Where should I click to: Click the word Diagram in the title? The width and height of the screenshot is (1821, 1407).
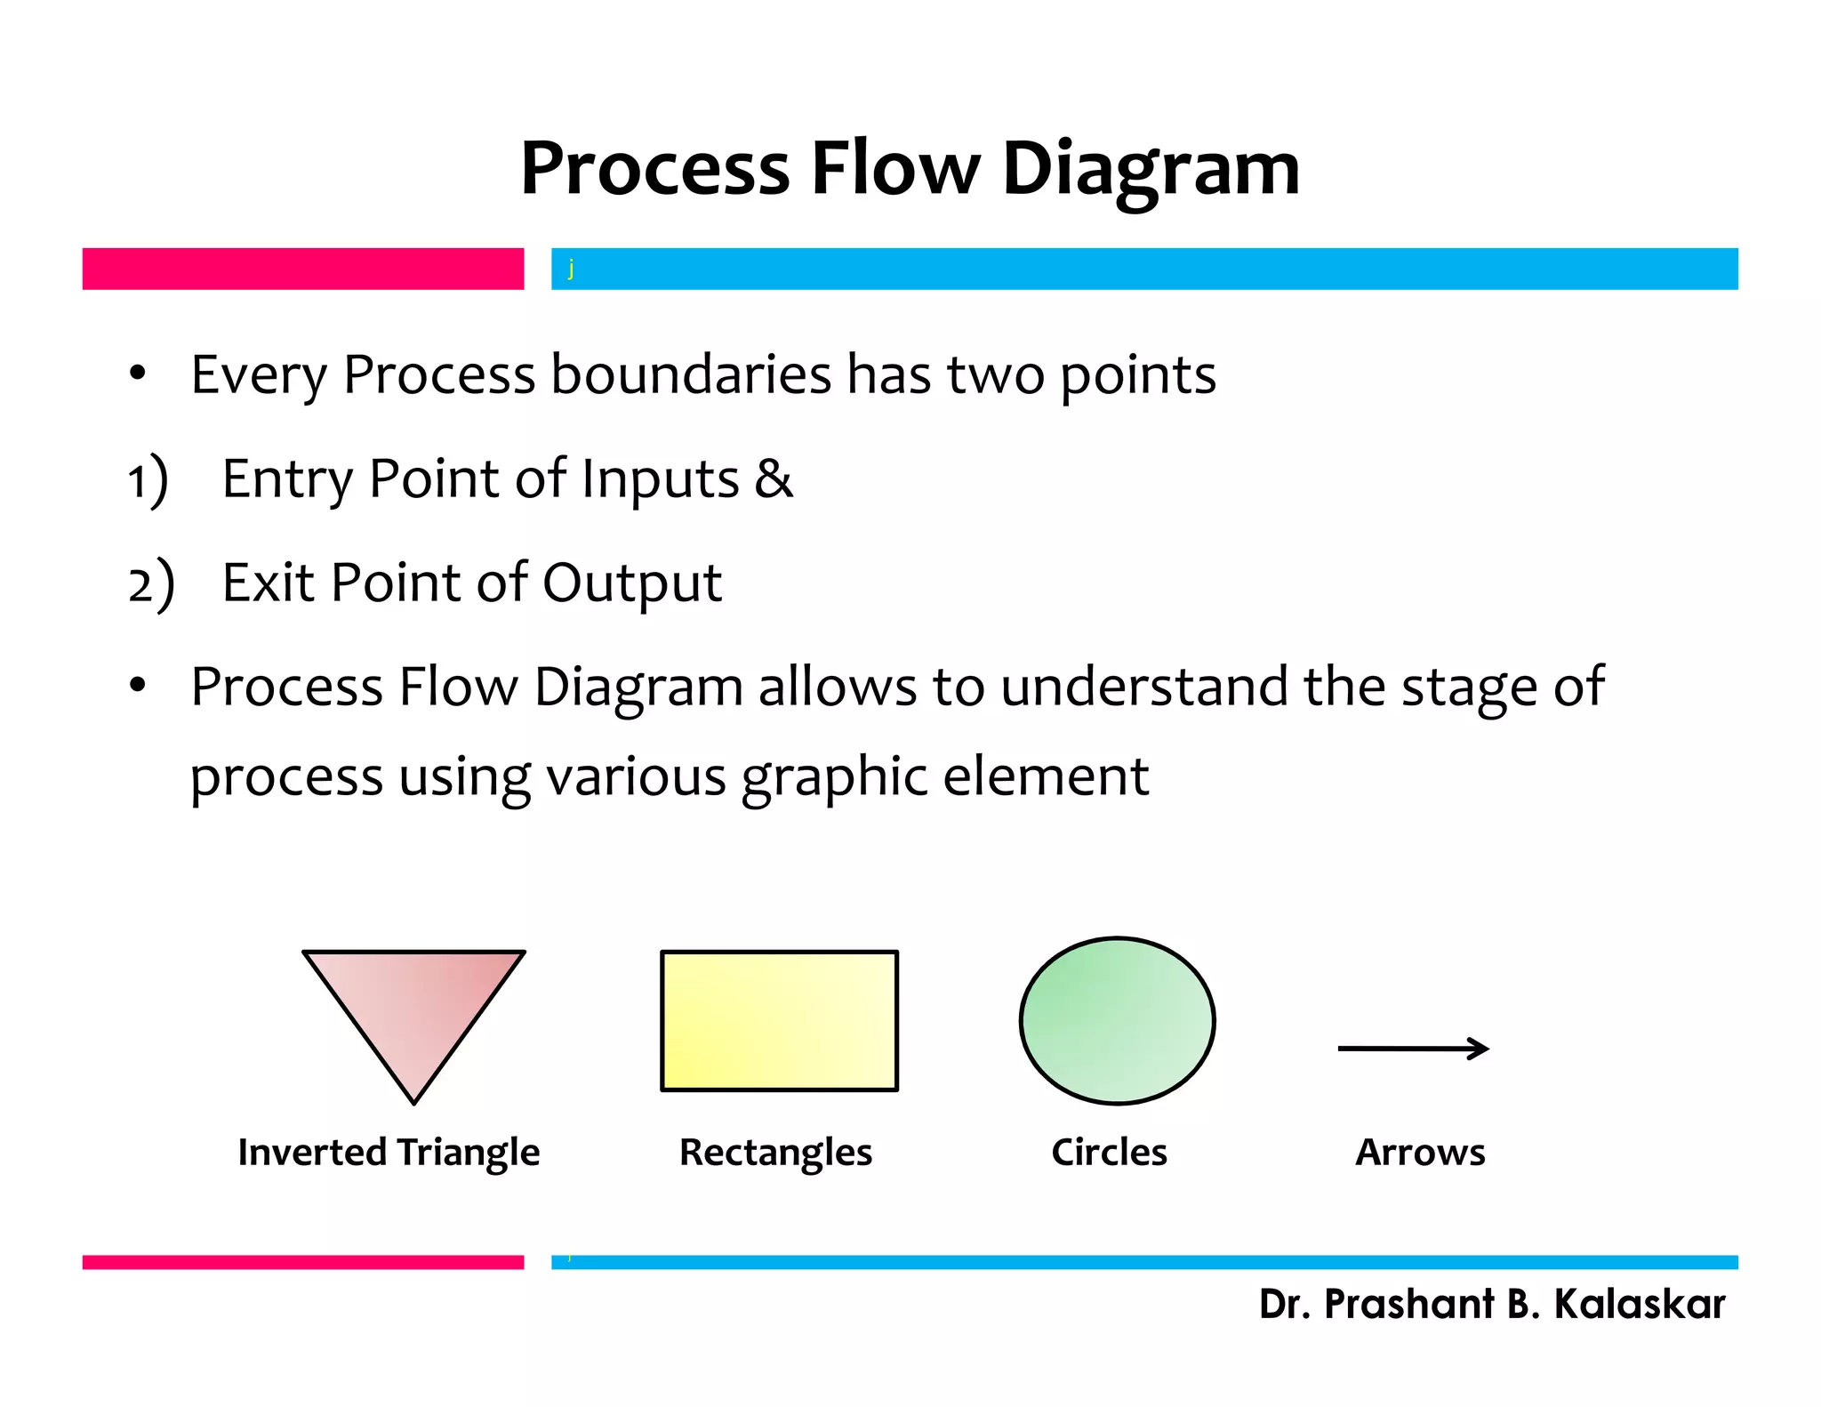click(x=1151, y=169)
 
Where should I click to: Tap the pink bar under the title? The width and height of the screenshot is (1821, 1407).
click(x=302, y=269)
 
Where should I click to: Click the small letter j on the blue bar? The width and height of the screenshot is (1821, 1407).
click(x=571, y=268)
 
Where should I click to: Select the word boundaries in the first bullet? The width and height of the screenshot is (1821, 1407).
click(x=691, y=374)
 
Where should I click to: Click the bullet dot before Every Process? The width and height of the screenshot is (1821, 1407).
click(x=137, y=373)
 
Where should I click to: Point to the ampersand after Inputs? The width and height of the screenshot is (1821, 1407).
click(x=773, y=478)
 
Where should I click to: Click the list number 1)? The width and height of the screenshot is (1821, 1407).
click(x=148, y=480)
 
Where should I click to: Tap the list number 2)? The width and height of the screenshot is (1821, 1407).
click(x=150, y=584)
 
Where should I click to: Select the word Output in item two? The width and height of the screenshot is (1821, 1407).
click(x=631, y=583)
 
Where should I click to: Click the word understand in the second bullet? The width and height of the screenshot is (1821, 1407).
click(x=1143, y=687)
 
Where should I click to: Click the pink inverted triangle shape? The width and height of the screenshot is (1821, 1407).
click(x=414, y=1005)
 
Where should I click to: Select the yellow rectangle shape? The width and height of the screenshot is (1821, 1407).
click(x=779, y=1020)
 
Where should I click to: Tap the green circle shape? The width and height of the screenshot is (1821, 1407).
click(x=1117, y=1020)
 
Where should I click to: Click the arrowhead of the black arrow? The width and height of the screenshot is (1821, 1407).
click(x=1479, y=1049)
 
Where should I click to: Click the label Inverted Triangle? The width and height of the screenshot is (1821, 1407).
click(x=389, y=1153)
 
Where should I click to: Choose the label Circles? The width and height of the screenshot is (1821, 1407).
click(x=1109, y=1153)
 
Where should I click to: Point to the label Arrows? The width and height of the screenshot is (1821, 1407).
click(x=1420, y=1153)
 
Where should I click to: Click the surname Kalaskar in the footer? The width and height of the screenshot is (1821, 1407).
click(x=1639, y=1304)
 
